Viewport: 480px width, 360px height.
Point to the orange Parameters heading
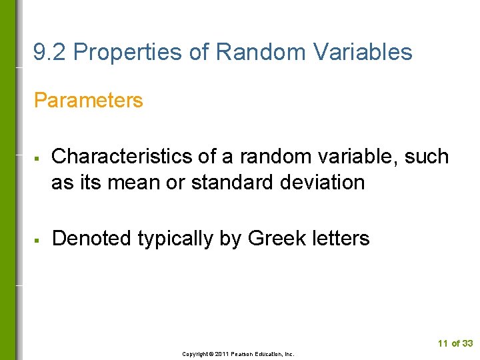coord(88,101)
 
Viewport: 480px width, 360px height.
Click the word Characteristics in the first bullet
coord(122,157)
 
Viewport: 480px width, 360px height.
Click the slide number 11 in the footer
coord(443,343)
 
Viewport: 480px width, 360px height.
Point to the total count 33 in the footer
coord(467,343)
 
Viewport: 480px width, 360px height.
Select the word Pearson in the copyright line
coord(243,354)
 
